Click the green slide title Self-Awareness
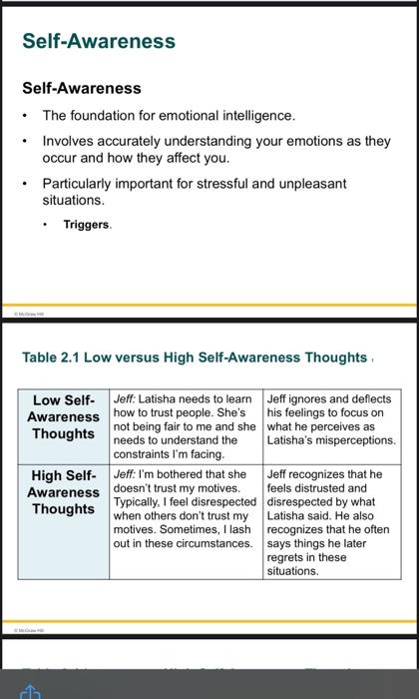(x=99, y=41)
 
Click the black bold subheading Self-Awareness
(x=82, y=88)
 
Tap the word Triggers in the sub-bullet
(x=87, y=225)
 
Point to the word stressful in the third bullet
(x=266, y=184)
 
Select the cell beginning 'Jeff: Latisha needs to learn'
(x=187, y=425)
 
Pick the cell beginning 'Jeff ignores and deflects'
(x=331, y=418)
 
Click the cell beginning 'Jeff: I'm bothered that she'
(x=187, y=508)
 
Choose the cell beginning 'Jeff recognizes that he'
(x=331, y=522)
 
